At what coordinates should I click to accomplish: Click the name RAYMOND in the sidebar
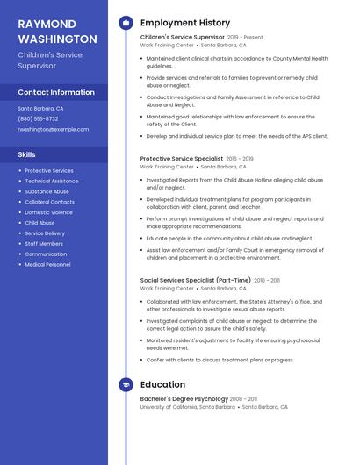coord(47,25)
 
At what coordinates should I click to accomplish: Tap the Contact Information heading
coord(56,92)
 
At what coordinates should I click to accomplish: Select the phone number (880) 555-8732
coord(38,118)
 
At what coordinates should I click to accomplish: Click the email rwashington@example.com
coord(53,129)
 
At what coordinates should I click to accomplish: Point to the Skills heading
coord(27,154)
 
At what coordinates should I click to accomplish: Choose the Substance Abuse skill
coord(47,191)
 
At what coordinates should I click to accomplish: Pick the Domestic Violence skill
coord(49,212)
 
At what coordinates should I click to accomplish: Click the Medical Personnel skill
coord(48,264)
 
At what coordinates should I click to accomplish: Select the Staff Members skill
coord(44,244)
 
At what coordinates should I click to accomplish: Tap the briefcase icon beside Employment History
coord(125,23)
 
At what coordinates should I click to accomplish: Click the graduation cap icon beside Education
coord(125,384)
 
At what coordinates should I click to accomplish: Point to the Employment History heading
coord(185,23)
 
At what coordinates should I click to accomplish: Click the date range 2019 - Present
coord(245,38)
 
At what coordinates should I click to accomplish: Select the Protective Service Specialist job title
coord(181,159)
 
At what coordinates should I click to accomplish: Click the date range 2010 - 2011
coord(267,280)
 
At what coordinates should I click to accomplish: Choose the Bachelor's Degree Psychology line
coord(184,399)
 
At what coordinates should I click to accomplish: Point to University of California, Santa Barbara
coord(187,407)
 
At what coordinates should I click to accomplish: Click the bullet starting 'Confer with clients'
coord(220,360)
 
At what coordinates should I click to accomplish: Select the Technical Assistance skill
coord(52,181)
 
